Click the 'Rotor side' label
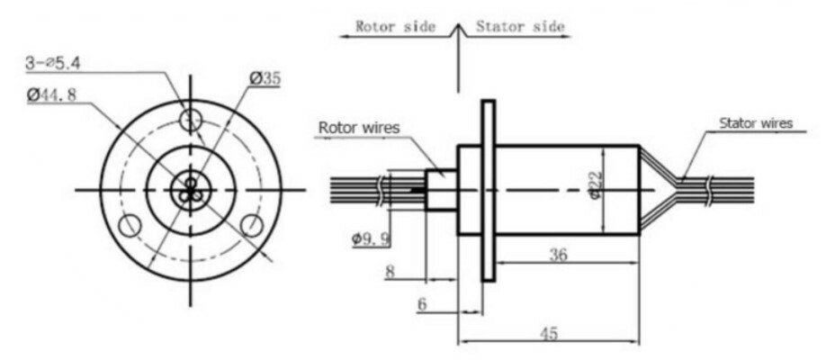tap(395, 26)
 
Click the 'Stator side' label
tap(519, 26)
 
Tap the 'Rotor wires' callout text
tap(359, 127)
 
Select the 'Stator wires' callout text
tap(756, 123)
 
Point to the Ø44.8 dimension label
tap(56, 94)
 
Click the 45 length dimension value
tap(548, 333)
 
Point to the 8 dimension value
tap(390, 270)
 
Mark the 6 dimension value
tap(421, 304)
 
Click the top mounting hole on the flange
tap(190, 119)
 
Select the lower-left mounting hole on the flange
tap(130, 225)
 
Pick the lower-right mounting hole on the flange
tap(251, 224)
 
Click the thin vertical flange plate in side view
tap(489, 189)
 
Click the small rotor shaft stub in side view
tap(441, 190)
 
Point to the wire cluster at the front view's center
tap(189, 190)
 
